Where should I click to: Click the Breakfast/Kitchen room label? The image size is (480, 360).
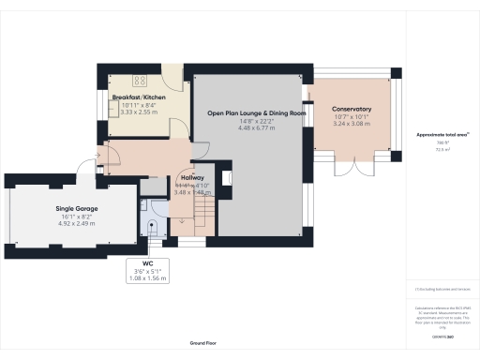pyautogui.click(x=140, y=97)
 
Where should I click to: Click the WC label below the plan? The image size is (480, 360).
pyautogui.click(x=147, y=263)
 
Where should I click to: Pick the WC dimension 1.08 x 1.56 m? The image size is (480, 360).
pyautogui.click(x=147, y=278)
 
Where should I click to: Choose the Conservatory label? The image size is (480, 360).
pyautogui.click(x=352, y=109)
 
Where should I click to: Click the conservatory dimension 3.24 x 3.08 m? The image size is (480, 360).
pyautogui.click(x=352, y=123)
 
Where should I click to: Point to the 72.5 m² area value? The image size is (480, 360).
pyautogui.click(x=441, y=149)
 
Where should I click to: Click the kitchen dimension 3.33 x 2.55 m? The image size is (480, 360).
pyautogui.click(x=140, y=112)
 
